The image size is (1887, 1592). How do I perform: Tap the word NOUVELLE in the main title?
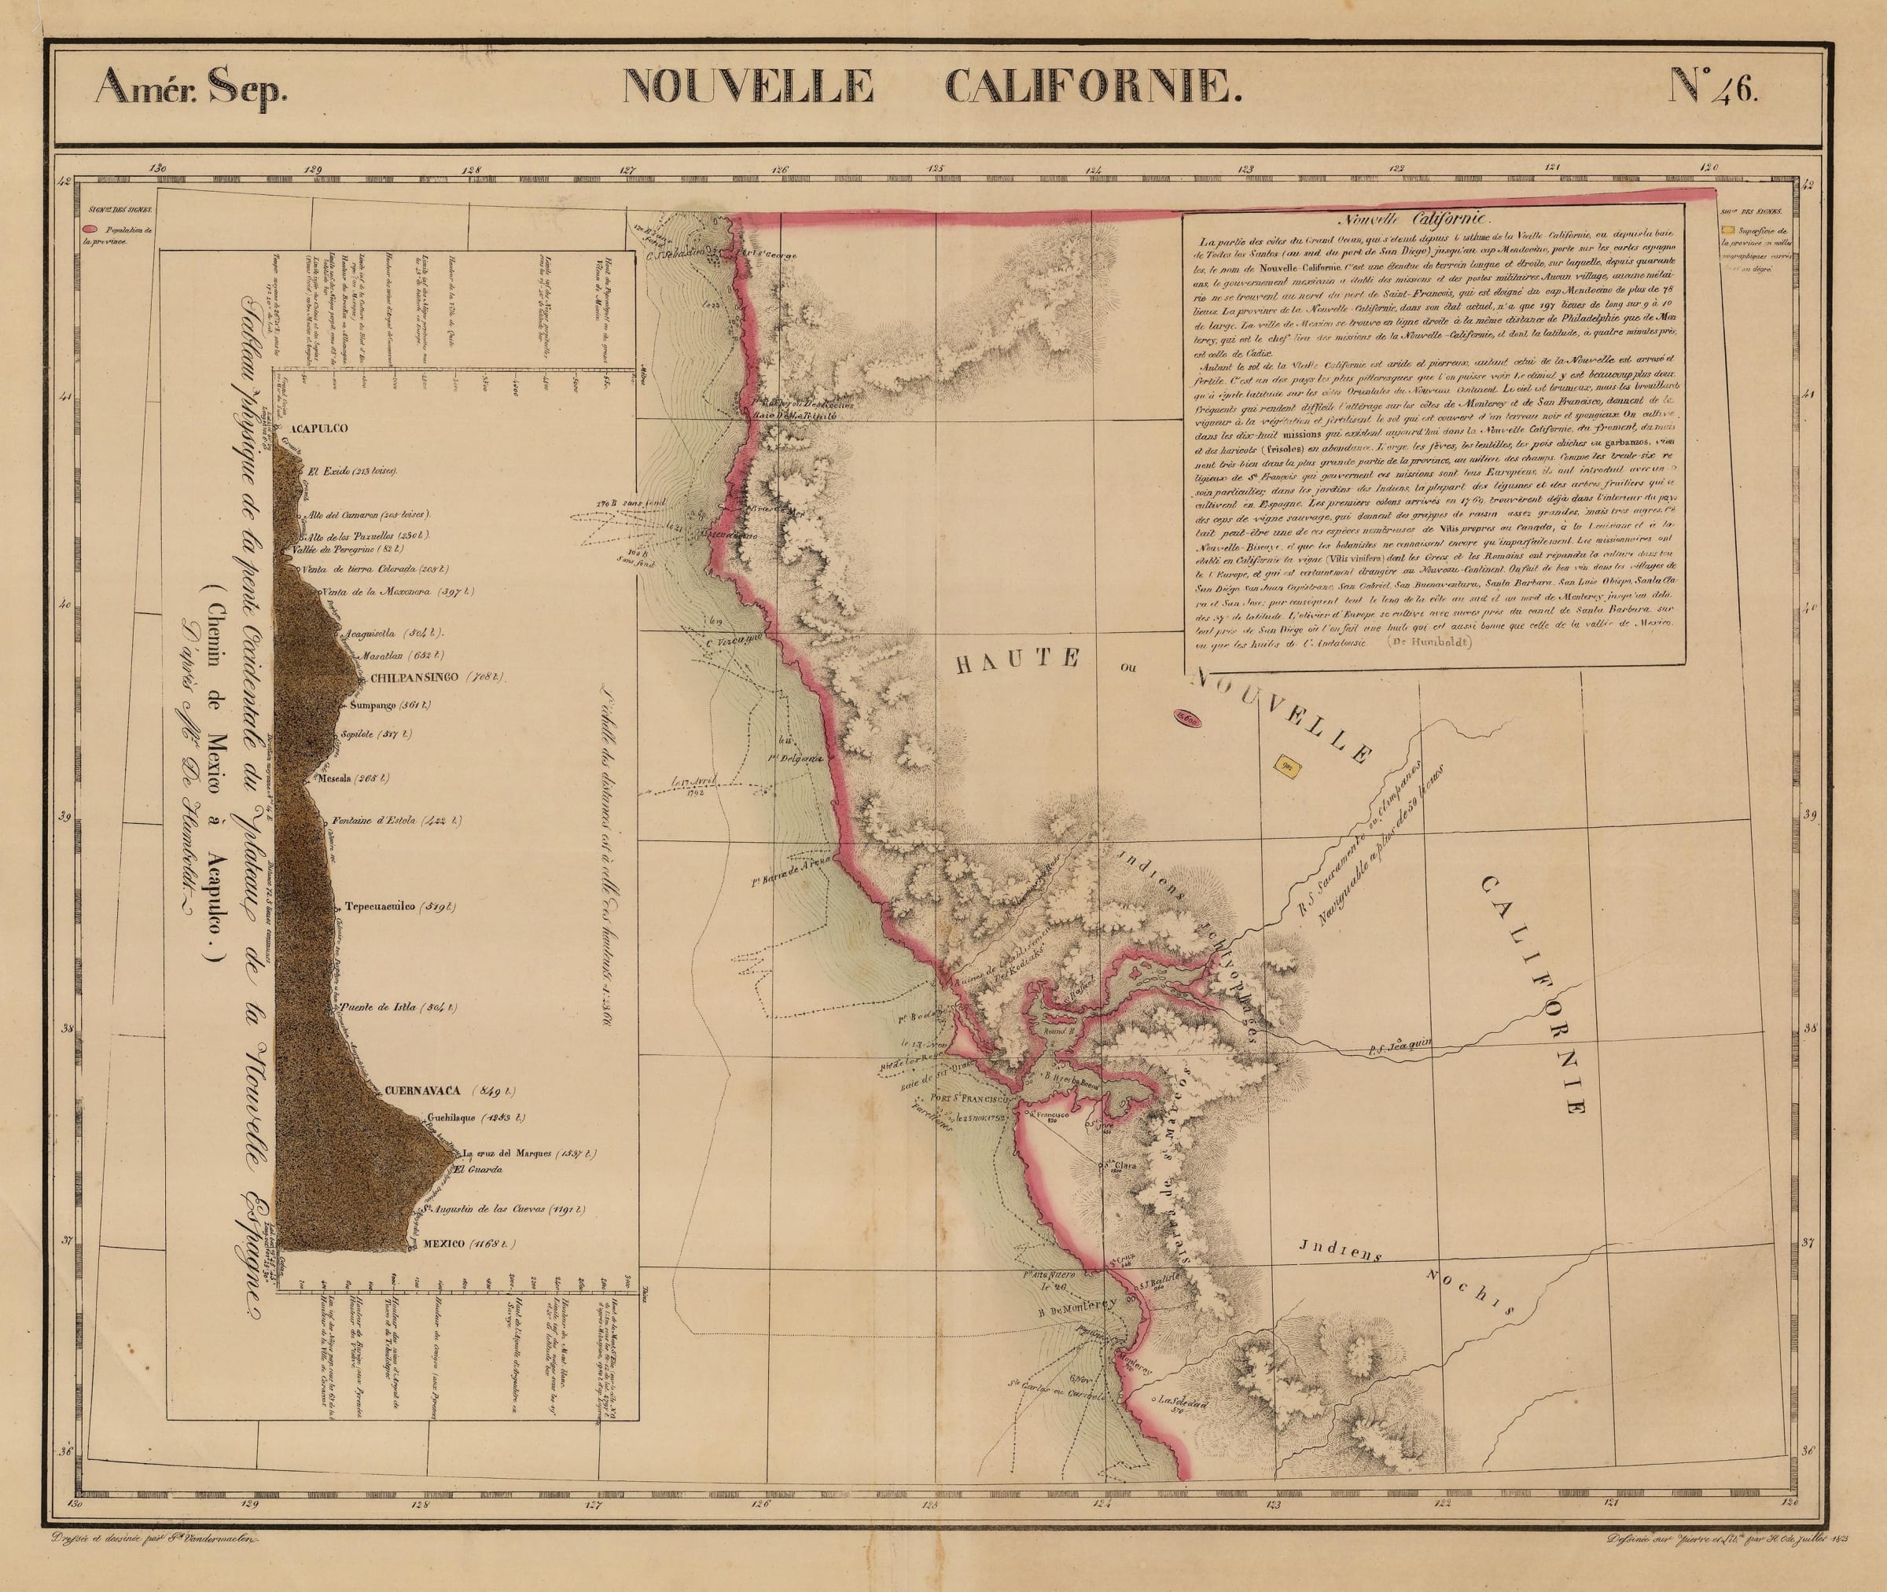point(747,88)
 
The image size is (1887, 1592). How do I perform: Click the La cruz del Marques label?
point(513,1153)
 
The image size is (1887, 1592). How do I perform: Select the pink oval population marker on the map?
point(1187,719)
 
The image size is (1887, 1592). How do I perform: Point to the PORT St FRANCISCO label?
point(969,1102)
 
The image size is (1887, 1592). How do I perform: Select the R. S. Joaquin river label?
point(1400,1043)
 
